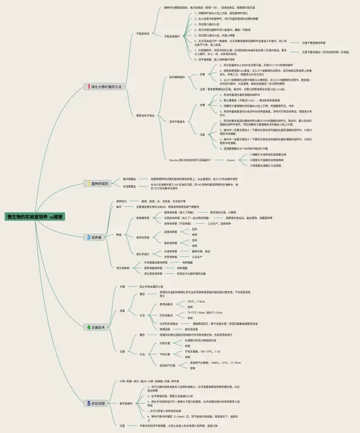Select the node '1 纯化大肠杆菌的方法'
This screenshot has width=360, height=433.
(x=103, y=87)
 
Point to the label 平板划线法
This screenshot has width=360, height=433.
(x=143, y=34)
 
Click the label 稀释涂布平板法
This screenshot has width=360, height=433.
(x=145, y=115)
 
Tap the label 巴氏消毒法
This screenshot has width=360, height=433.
(x=168, y=315)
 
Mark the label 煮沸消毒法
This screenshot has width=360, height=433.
(x=168, y=304)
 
